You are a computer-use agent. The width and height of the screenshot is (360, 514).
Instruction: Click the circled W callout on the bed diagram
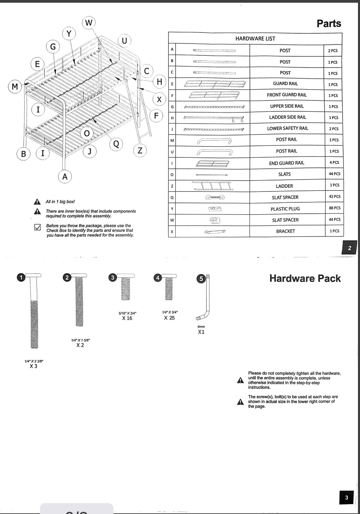pyautogui.click(x=89, y=23)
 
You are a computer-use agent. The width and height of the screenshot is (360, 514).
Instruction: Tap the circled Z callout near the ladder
pyautogui.click(x=140, y=150)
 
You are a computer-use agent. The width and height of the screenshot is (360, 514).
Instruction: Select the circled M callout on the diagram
pyautogui.click(x=15, y=87)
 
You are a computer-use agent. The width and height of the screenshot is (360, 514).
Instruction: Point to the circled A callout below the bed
pyautogui.click(x=65, y=176)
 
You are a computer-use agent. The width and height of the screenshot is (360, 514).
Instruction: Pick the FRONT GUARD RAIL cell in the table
pyautogui.click(x=287, y=95)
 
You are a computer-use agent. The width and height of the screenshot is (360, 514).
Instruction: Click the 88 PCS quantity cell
pyautogui.click(x=334, y=208)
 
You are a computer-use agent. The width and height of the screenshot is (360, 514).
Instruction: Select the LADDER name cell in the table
pyautogui.click(x=284, y=186)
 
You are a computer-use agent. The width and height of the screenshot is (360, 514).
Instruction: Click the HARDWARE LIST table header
pyautogui.click(x=255, y=38)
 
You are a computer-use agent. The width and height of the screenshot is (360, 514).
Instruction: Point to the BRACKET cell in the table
pyautogui.click(x=285, y=231)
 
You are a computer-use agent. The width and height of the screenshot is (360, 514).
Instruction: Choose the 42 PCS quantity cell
pyautogui.click(x=334, y=197)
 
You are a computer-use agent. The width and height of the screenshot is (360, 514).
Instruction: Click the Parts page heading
pyautogui.click(x=329, y=24)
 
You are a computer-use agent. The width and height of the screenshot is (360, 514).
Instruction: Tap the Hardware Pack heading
pyautogui.click(x=305, y=278)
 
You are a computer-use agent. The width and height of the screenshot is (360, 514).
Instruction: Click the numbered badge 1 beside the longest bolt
pyautogui.click(x=21, y=278)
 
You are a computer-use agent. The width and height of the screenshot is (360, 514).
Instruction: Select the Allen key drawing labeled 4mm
pyautogui.click(x=204, y=298)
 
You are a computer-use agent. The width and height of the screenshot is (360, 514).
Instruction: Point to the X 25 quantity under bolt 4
pyautogui.click(x=169, y=318)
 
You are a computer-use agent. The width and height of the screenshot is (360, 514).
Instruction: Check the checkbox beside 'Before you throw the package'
pyautogui.click(x=38, y=227)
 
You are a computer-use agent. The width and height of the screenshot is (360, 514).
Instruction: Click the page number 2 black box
pyautogui.click(x=349, y=248)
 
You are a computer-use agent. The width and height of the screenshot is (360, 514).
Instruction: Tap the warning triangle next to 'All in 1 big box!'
pyautogui.click(x=37, y=202)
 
